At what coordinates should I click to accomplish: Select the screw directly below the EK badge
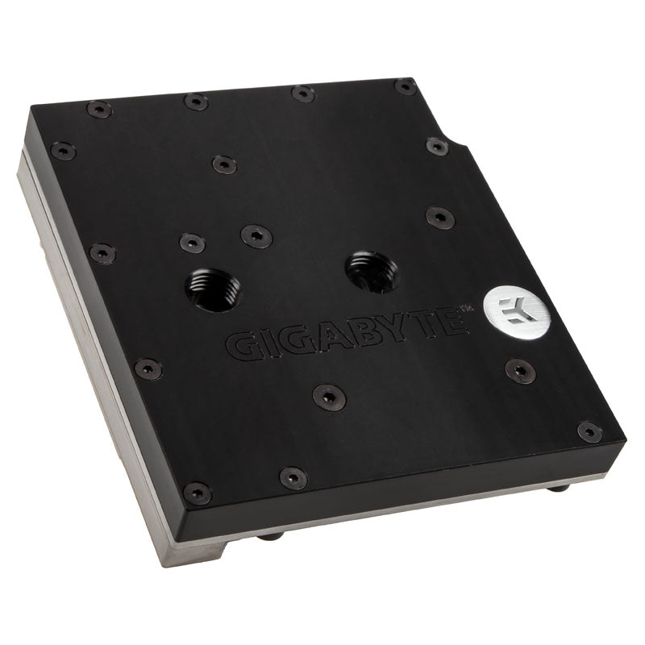[520, 371]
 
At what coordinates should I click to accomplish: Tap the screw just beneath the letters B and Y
[329, 396]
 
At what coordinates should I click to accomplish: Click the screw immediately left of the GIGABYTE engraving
[148, 368]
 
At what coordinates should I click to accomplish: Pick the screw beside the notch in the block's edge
[436, 147]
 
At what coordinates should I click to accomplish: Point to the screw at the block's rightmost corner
[589, 432]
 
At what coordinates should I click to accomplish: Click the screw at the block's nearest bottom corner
[197, 493]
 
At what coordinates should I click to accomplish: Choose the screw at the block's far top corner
[406, 86]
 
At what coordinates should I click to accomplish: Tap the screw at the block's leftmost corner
[62, 151]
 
